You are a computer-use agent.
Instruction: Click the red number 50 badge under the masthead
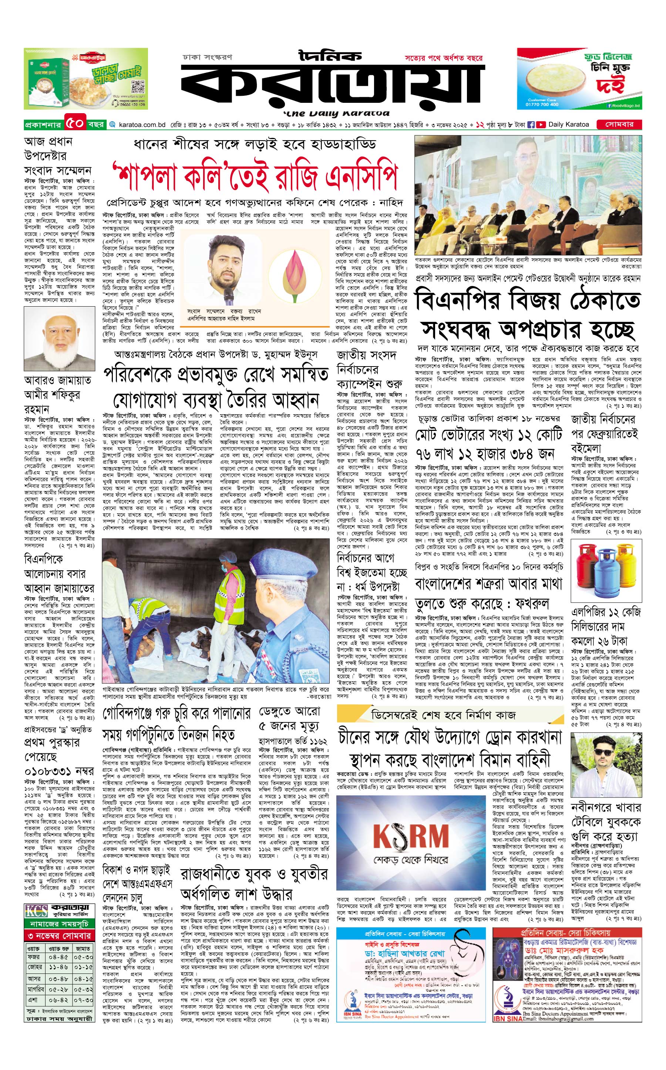pos(75,124)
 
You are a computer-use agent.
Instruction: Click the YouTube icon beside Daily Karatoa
pos(541,125)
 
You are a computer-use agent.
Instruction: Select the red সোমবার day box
pos(619,125)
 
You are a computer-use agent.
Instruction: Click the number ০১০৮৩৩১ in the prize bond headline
pos(48,772)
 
